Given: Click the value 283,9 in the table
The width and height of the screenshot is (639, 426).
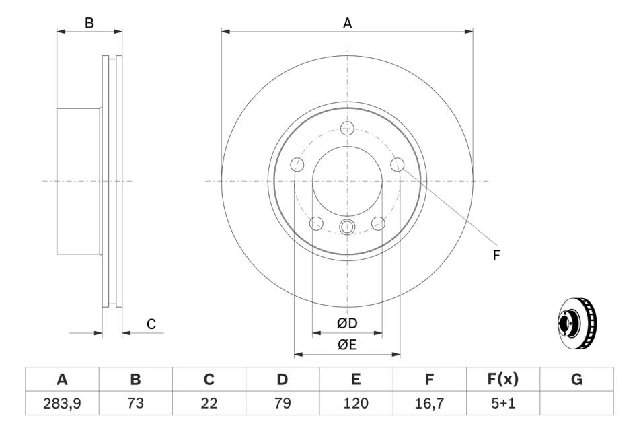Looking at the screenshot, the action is pyautogui.click(x=62, y=403).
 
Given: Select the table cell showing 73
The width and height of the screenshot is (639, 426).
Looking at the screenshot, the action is pyautogui.click(x=135, y=403).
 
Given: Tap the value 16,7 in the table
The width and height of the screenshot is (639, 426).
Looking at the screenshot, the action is pyautogui.click(x=429, y=403).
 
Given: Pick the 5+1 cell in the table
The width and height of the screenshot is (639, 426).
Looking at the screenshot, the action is pyautogui.click(x=503, y=403).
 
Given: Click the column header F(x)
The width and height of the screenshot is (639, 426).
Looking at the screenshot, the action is pyautogui.click(x=503, y=380).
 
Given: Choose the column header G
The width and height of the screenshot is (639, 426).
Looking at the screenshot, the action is pyautogui.click(x=576, y=380).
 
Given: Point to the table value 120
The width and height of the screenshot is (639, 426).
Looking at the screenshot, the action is pyautogui.click(x=356, y=403).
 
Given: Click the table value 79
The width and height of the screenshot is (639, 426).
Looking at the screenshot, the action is pyautogui.click(x=282, y=403).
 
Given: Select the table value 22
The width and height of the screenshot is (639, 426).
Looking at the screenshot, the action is pyautogui.click(x=209, y=403).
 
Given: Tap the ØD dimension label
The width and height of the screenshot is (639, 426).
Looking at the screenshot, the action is pyautogui.click(x=347, y=323).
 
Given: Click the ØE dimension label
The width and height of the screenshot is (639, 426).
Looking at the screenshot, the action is pyautogui.click(x=347, y=345).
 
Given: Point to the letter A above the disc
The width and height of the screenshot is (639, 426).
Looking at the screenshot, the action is pyautogui.click(x=347, y=24).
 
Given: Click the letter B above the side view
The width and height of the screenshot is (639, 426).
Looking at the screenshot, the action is pyautogui.click(x=89, y=24).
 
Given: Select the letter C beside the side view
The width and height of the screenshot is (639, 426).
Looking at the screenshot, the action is pyautogui.click(x=151, y=324).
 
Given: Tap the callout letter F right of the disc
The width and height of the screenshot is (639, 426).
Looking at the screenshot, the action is pyautogui.click(x=496, y=256).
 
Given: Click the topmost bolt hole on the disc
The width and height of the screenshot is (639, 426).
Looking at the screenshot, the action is pyautogui.click(x=347, y=128).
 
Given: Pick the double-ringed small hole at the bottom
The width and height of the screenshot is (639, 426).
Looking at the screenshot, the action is pyautogui.click(x=347, y=227).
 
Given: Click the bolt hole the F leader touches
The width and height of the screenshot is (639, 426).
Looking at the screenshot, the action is pyautogui.click(x=398, y=165).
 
